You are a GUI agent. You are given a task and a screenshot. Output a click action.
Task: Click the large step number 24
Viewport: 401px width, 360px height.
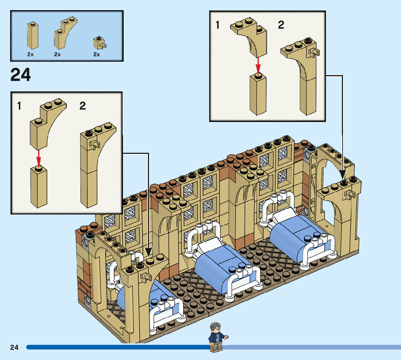point(20,74)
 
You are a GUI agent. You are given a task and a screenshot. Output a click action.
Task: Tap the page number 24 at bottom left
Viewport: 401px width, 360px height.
point(15,347)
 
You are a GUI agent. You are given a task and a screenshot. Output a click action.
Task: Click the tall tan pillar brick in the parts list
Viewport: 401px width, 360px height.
point(33,36)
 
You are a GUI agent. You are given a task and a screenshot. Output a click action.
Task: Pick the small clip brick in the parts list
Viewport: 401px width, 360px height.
point(99,43)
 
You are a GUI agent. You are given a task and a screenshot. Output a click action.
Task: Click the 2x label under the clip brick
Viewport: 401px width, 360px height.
point(96,54)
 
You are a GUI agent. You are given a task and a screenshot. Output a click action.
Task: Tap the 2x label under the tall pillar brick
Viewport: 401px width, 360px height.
point(30,54)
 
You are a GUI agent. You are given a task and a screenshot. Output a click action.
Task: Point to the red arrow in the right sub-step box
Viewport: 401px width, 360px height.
point(258,66)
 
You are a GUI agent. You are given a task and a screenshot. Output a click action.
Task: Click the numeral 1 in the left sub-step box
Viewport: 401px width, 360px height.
point(19,106)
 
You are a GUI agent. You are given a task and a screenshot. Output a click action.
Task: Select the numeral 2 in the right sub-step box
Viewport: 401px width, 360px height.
point(281,25)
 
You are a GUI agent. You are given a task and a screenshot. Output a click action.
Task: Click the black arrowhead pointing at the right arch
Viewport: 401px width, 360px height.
point(342,174)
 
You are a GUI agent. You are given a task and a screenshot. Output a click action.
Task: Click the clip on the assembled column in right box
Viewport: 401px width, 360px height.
point(314,53)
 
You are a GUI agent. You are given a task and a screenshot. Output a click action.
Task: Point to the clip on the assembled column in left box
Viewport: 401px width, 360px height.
point(94,145)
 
